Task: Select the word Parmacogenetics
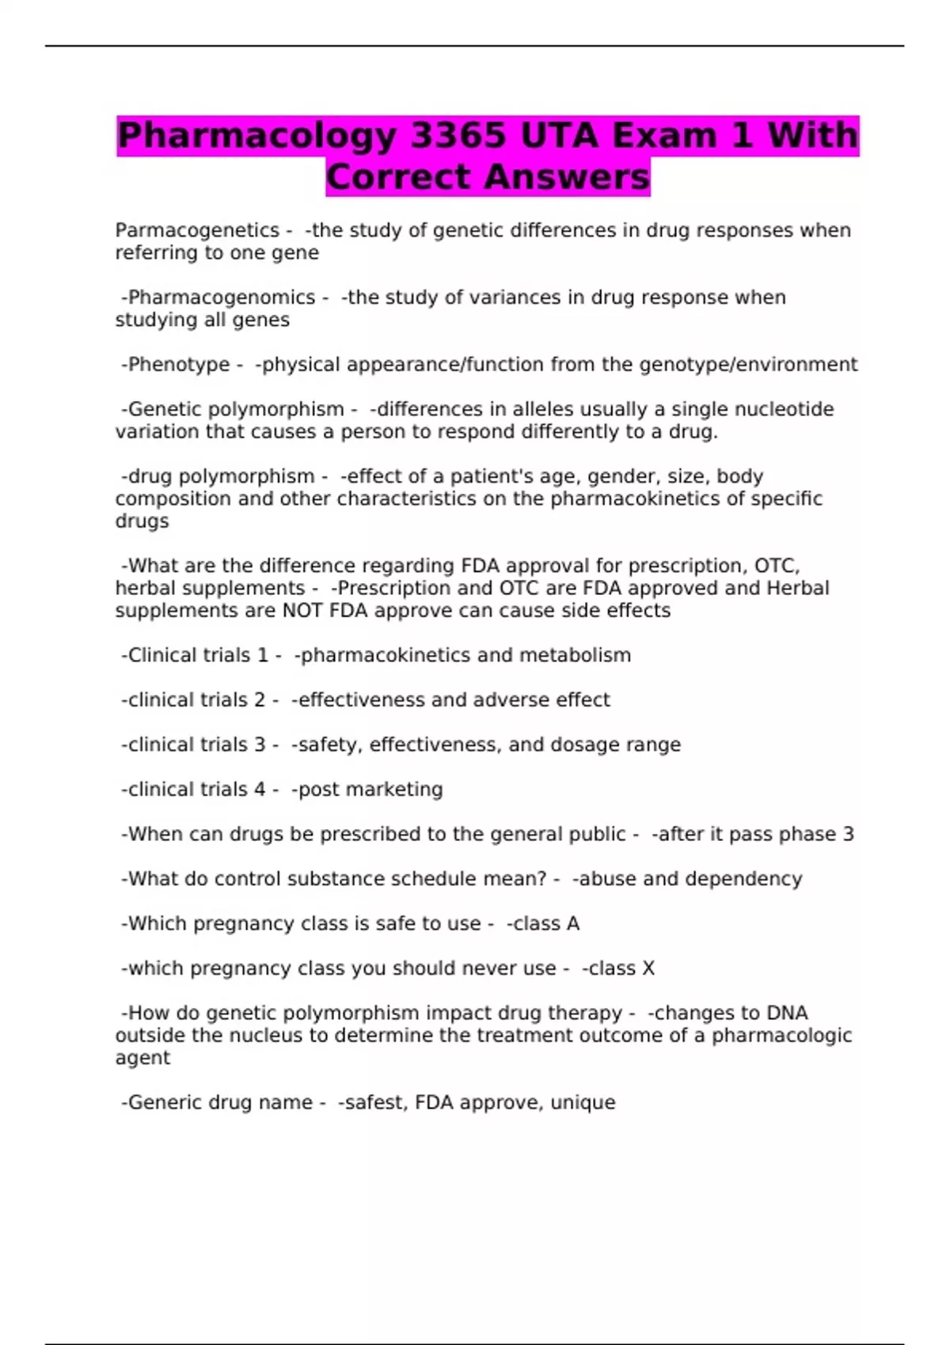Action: point(197,230)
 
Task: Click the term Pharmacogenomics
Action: point(222,297)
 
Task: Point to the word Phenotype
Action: point(179,365)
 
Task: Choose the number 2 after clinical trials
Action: point(259,700)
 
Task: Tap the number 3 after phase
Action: point(848,834)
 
